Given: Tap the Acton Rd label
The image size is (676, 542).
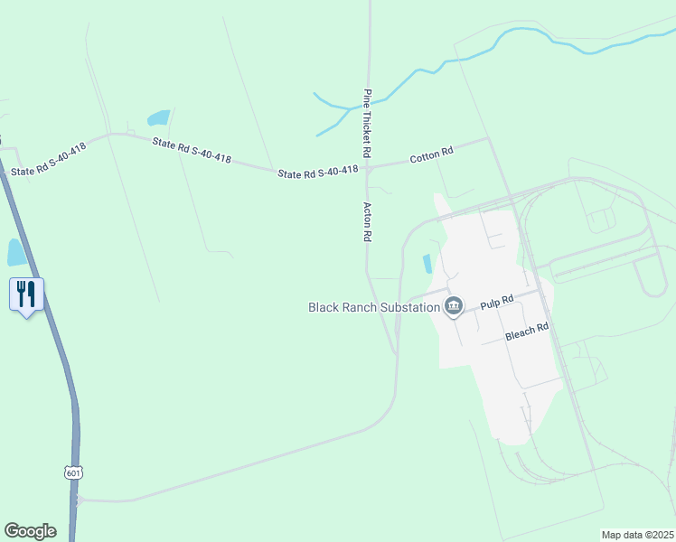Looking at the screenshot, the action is (368, 221).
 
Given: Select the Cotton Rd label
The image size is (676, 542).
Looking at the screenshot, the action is (431, 155).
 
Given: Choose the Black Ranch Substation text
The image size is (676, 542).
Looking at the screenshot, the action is (374, 307).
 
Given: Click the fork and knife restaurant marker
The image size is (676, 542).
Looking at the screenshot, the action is (26, 294).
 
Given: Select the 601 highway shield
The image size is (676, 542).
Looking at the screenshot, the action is (73, 472).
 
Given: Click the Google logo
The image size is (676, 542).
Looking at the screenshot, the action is (30, 531).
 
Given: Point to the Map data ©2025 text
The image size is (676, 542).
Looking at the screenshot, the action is (636, 535).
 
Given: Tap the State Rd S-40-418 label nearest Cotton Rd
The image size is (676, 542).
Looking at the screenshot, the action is (318, 172).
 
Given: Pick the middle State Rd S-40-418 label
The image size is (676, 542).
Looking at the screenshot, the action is (192, 150).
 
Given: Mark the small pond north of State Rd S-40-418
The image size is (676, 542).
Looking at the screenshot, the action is (159, 117).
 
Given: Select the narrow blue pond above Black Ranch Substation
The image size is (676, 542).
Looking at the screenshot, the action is (427, 264).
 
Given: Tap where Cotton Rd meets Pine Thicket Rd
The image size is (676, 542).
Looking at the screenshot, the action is (368, 166).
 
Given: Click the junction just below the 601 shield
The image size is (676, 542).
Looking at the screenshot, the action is (79, 499).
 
